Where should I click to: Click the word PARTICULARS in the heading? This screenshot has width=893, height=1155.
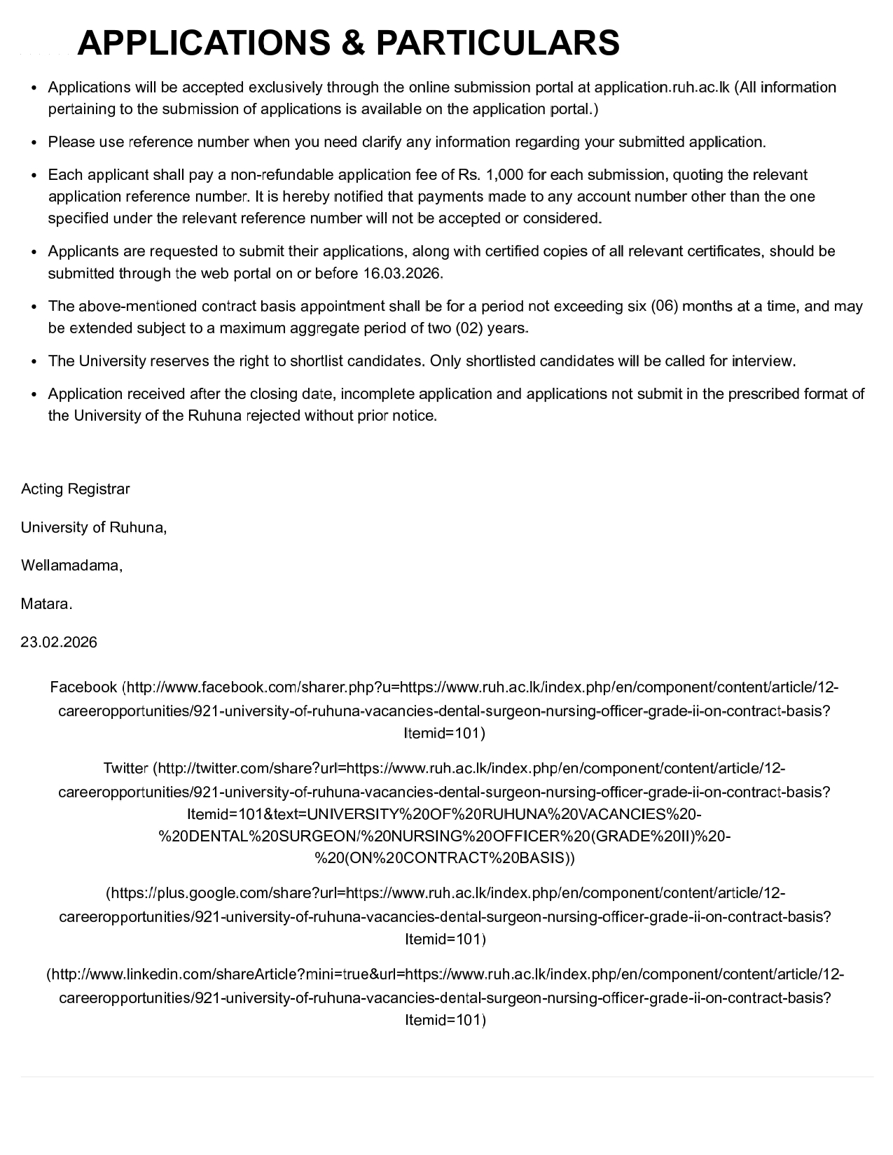tap(497, 43)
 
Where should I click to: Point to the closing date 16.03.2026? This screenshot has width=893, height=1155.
tap(402, 273)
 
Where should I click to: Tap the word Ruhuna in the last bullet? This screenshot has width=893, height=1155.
tap(214, 416)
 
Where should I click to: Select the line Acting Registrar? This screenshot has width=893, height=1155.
tap(76, 489)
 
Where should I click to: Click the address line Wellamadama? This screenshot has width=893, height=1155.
tap(72, 565)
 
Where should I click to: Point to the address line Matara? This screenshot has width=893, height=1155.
tap(47, 603)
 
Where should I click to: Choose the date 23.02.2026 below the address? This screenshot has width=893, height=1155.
tap(60, 642)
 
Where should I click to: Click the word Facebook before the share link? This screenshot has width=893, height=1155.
tap(83, 687)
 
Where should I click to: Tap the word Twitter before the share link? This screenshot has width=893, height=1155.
tap(125, 768)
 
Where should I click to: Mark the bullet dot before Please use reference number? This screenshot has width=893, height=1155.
tap(34, 142)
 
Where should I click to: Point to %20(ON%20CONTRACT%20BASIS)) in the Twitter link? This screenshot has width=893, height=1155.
tap(445, 858)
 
